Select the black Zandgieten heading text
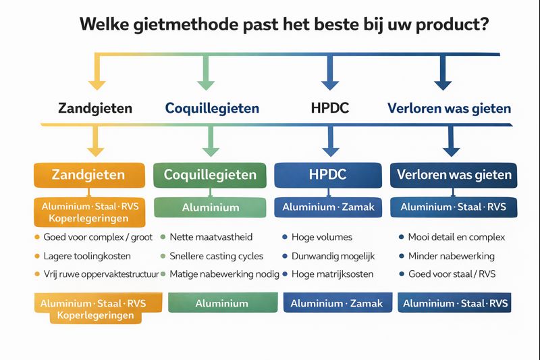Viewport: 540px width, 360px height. [95, 108]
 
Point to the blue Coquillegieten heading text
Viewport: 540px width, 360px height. [212, 108]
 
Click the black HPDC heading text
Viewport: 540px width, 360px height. [329, 108]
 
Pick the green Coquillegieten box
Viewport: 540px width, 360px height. [211, 175]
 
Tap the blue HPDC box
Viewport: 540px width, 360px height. [327, 175]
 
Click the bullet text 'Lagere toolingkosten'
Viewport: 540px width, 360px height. [87, 256]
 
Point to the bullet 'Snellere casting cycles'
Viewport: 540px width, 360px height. [217, 256]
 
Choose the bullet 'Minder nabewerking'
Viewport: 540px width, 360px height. [452, 256]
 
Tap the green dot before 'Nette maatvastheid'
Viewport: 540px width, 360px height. [163, 238]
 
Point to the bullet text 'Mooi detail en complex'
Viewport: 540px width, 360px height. [456, 238]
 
